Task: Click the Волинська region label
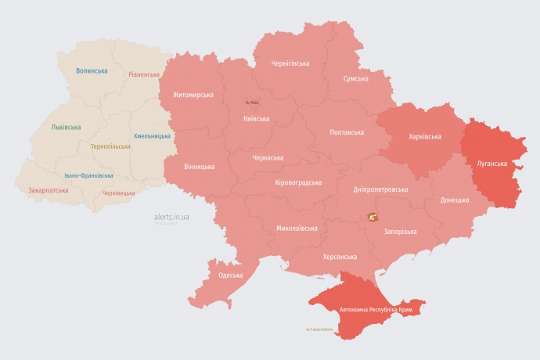click(92, 71)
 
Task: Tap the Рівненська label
click(144, 75)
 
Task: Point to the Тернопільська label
click(110, 146)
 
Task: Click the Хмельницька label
click(152, 136)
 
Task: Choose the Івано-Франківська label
click(88, 175)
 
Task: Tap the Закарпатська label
click(49, 190)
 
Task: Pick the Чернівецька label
click(119, 193)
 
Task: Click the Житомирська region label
click(187, 95)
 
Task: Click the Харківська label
click(425, 136)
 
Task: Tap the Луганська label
click(492, 164)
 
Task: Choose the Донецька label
click(455, 200)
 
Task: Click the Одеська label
click(230, 275)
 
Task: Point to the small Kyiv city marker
click(251, 102)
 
